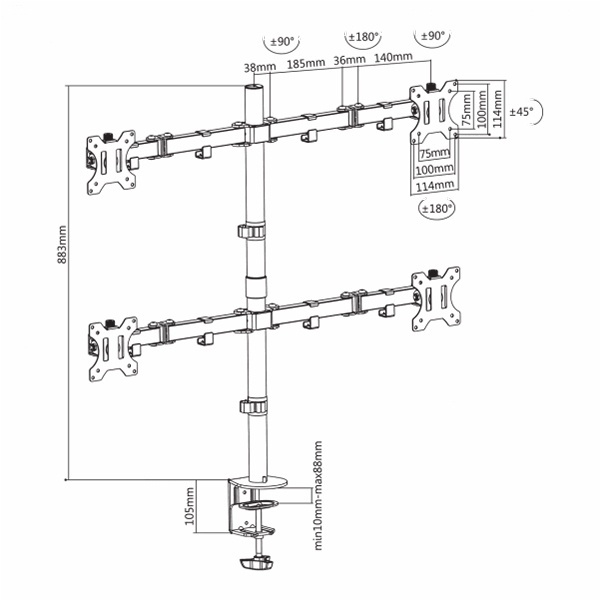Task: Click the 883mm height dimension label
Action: [x=62, y=245]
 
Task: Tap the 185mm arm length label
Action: [x=306, y=63]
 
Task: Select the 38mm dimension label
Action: [x=260, y=67]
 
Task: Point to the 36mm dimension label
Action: [x=349, y=60]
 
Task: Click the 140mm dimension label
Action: [x=393, y=57]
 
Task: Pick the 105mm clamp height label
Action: [x=190, y=506]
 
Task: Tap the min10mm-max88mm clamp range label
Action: [x=318, y=496]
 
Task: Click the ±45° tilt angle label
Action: [x=521, y=112]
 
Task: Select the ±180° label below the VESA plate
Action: [x=437, y=209]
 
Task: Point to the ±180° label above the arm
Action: [x=364, y=37]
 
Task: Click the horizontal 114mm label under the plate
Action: [x=435, y=186]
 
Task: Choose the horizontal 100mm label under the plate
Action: [x=435, y=169]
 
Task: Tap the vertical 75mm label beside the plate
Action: [x=467, y=110]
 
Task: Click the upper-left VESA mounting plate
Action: [x=111, y=162]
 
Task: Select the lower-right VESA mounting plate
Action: [x=436, y=299]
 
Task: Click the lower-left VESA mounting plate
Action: [x=113, y=349]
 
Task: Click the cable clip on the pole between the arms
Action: [x=252, y=232]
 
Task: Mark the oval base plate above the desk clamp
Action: [x=257, y=482]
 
